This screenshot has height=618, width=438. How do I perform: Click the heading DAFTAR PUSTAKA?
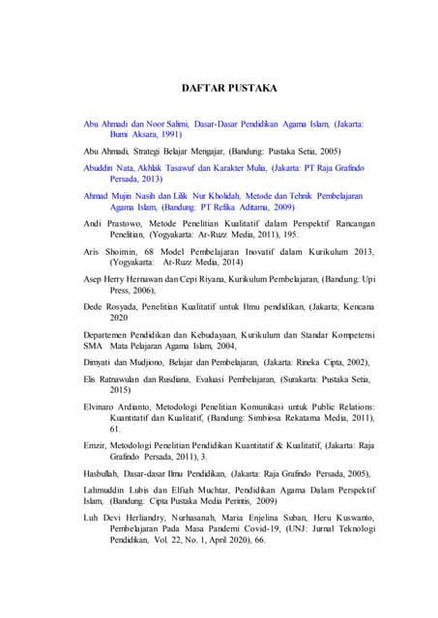[229, 88]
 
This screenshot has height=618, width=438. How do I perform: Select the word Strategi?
[154, 152]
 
